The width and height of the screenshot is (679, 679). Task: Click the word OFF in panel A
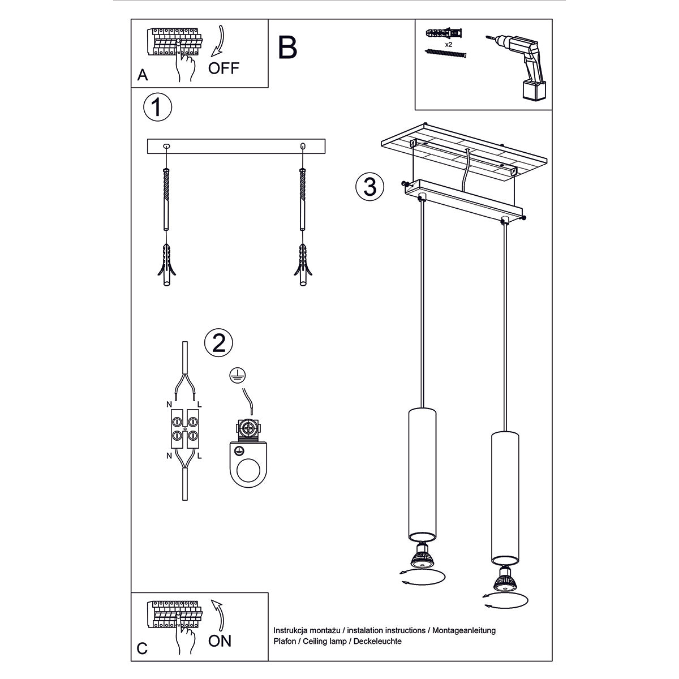pyautogui.click(x=224, y=68)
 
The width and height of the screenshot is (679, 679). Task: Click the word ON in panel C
pyautogui.click(x=220, y=641)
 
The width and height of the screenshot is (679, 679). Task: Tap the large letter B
pyautogui.click(x=287, y=48)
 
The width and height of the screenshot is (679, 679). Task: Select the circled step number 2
pyautogui.click(x=218, y=342)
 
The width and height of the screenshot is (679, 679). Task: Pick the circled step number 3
pyautogui.click(x=370, y=186)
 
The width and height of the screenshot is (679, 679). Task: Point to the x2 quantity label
pyautogui.click(x=448, y=44)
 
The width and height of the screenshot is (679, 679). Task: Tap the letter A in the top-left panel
pyautogui.click(x=143, y=75)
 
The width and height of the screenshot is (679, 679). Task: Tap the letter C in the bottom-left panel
pyautogui.click(x=143, y=648)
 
